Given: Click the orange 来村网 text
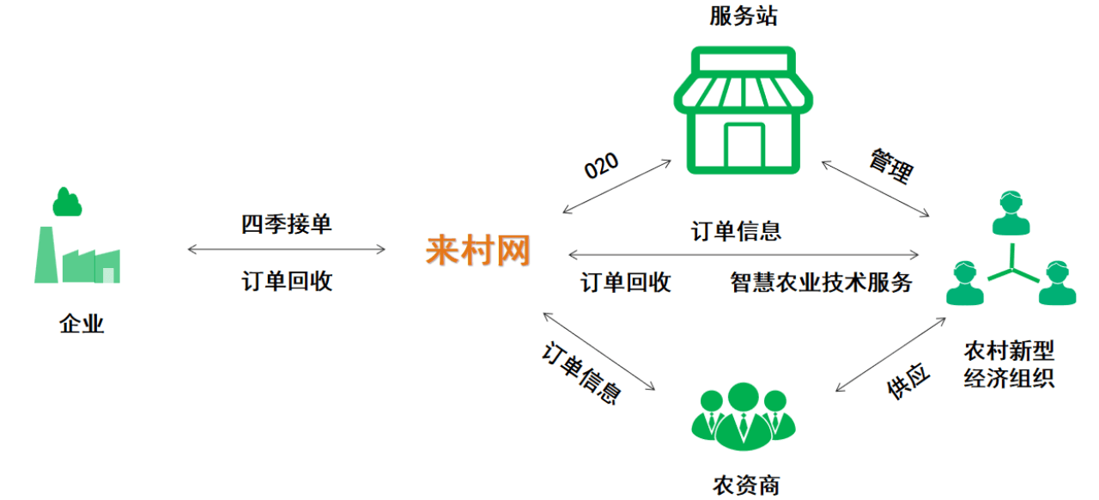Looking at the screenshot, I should pos(478,251).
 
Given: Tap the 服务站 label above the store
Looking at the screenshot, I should pos(744,16).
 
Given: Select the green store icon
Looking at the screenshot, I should pos(744,111).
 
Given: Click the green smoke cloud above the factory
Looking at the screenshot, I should pos(67,203).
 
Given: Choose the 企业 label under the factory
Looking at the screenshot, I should pos(82,324).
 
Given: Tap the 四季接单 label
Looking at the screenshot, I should pos(287,225).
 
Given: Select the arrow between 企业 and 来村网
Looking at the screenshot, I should pos(287,250).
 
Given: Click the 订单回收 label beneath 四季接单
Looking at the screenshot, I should pos(287,281).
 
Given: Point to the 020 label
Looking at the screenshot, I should pos(601,164).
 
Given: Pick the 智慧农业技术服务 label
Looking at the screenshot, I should pos(821,282).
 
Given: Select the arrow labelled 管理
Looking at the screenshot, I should pos(876,187).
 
